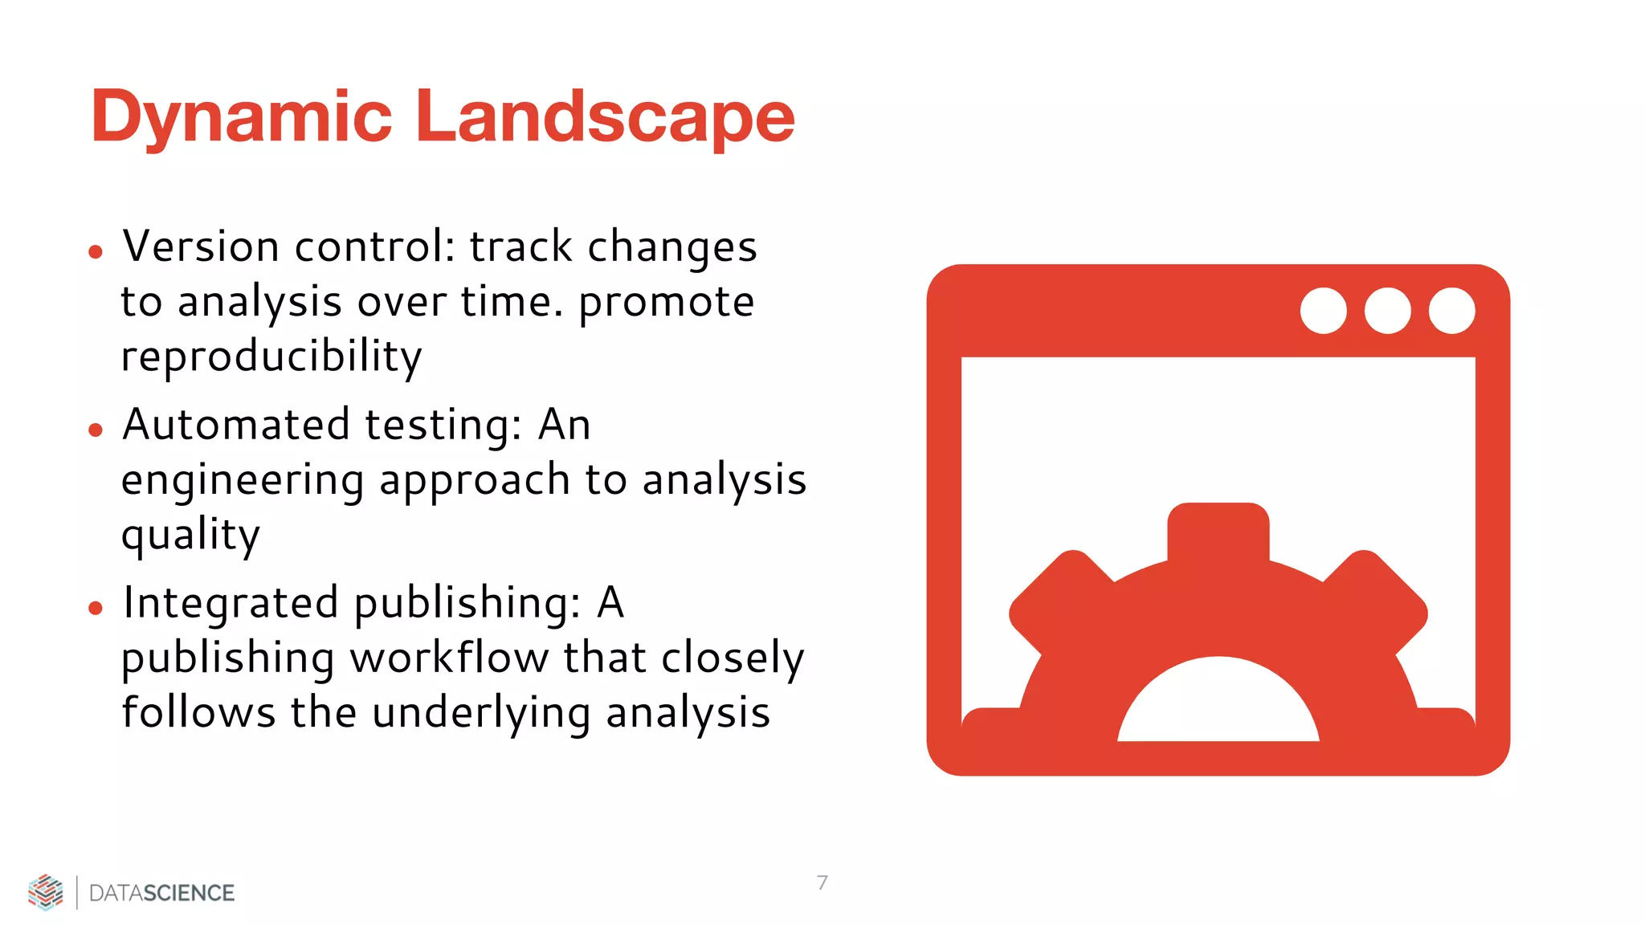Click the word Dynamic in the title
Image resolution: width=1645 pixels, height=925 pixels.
click(241, 118)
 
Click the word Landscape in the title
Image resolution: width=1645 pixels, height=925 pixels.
click(604, 118)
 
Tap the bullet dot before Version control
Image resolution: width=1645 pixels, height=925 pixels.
click(96, 252)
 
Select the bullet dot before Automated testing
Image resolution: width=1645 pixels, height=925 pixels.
click(96, 430)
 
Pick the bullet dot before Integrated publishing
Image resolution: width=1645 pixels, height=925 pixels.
click(96, 609)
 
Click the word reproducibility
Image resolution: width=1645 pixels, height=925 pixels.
click(271, 356)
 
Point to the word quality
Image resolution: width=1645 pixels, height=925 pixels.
click(191, 535)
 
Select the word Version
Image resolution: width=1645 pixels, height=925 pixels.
click(201, 247)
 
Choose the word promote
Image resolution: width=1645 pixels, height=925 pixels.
click(666, 303)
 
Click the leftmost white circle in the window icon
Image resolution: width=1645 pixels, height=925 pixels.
click(1323, 311)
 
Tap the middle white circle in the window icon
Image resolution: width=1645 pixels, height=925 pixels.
click(1387, 311)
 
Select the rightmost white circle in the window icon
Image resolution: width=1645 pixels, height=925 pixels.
click(1451, 311)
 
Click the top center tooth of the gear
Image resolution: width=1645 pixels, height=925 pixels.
click(1218, 530)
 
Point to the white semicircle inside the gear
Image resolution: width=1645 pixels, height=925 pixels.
click(1218, 707)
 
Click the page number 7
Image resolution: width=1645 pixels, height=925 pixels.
click(822, 882)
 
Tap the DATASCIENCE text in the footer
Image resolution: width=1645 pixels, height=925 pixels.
click(161, 893)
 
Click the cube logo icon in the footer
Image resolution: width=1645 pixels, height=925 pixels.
click(46, 892)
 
